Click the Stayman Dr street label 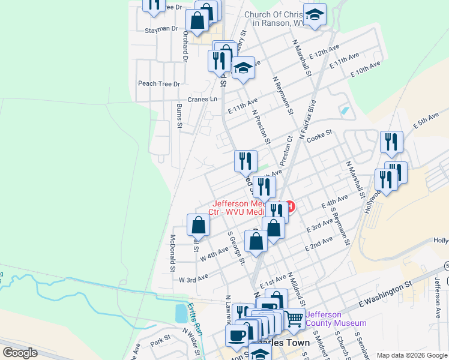pyautogui.click(x=161, y=28)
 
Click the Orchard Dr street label pyautogui.click(x=185, y=46)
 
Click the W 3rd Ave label pyautogui.click(x=193, y=277)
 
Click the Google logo pyautogui.click(x=20, y=353)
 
